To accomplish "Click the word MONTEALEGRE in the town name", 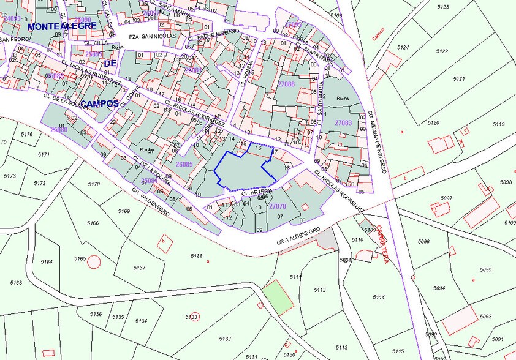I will [x=62, y=26].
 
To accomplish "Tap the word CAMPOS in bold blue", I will [x=99, y=103].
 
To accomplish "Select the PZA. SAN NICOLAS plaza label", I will [x=151, y=36].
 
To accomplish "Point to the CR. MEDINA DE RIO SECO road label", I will [x=376, y=141].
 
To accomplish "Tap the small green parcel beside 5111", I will [x=279, y=298].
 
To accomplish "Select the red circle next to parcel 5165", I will [x=93, y=262].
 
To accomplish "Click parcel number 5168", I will [x=196, y=256].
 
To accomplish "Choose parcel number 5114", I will [x=378, y=297].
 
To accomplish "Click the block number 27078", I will [x=278, y=206].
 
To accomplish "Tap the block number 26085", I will [x=184, y=164].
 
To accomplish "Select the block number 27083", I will [x=343, y=123].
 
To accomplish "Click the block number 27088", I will [x=286, y=84].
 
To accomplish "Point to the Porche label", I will [x=146, y=149].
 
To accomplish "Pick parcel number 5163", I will [x=16, y=282].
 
